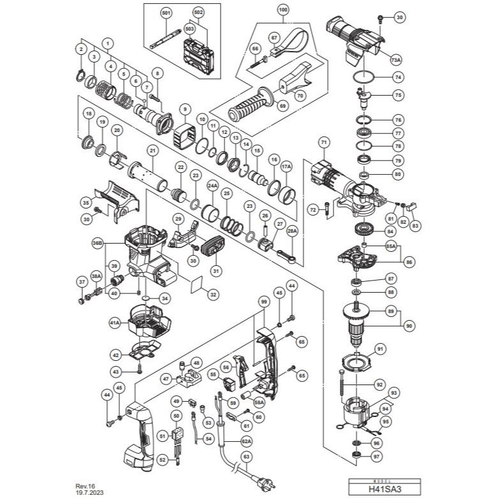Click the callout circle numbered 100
(283, 10)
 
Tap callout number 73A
(395, 60)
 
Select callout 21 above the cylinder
(152, 150)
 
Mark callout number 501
(166, 13)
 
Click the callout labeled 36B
(98, 243)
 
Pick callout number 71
(323, 142)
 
